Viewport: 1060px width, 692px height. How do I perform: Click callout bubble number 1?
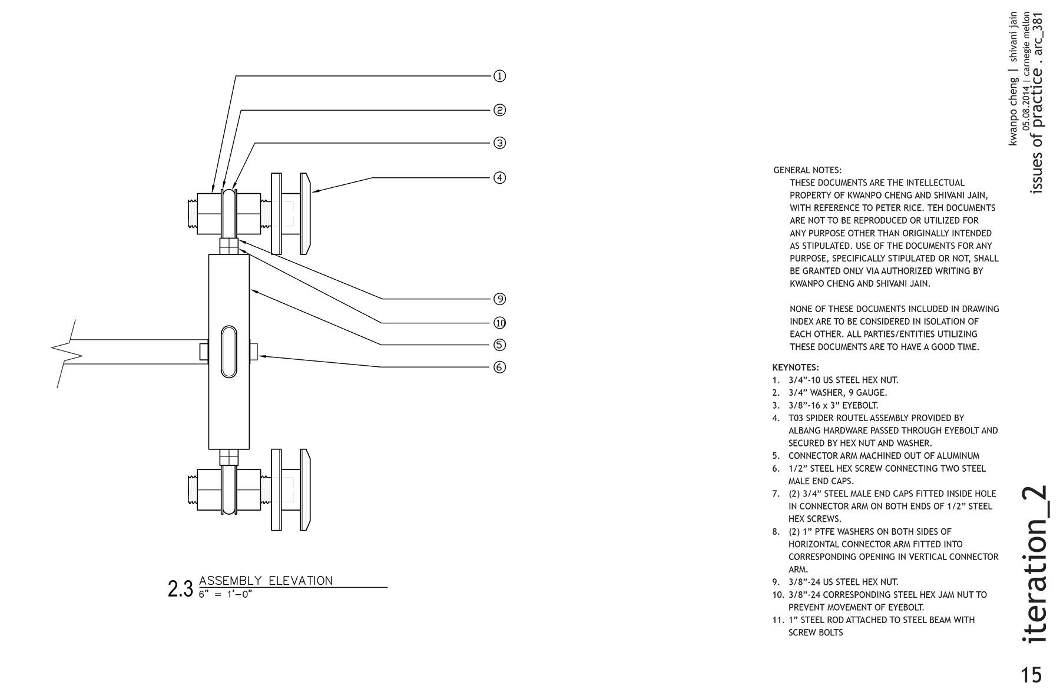point(499,76)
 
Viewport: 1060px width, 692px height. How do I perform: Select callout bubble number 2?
point(499,110)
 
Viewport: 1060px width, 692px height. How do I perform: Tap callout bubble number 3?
point(499,143)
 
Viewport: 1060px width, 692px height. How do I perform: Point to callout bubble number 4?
point(499,177)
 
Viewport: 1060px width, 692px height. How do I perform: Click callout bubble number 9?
point(499,299)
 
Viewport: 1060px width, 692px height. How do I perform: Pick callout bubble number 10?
point(499,323)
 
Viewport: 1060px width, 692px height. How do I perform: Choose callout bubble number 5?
point(499,345)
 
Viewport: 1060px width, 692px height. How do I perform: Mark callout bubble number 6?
point(499,367)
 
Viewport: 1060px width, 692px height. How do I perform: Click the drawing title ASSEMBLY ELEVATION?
point(266,581)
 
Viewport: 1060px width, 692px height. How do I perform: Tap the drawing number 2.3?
point(180,589)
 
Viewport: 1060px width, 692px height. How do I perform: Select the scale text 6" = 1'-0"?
point(225,594)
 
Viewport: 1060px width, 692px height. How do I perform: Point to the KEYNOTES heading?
point(796,367)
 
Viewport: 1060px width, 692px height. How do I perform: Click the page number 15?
point(1032,674)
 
